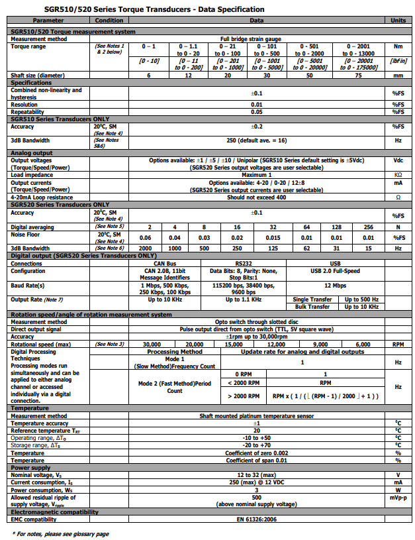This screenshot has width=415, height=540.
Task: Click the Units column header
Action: click(398, 21)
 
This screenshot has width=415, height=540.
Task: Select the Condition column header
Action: click(109, 21)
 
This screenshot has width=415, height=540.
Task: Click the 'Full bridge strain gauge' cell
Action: click(255, 39)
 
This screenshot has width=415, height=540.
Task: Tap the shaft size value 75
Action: click(359, 76)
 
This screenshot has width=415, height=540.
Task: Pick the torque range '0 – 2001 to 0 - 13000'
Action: click(359, 50)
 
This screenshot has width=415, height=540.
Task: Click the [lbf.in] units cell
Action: click(398, 61)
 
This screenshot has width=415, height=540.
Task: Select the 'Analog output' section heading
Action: click(33, 153)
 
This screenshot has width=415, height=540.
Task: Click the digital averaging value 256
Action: click(367, 227)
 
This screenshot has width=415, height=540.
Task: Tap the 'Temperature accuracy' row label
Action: click(40, 423)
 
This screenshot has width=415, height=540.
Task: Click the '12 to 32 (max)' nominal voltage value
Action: click(255, 474)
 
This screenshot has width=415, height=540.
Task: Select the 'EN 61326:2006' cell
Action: click(255, 519)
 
